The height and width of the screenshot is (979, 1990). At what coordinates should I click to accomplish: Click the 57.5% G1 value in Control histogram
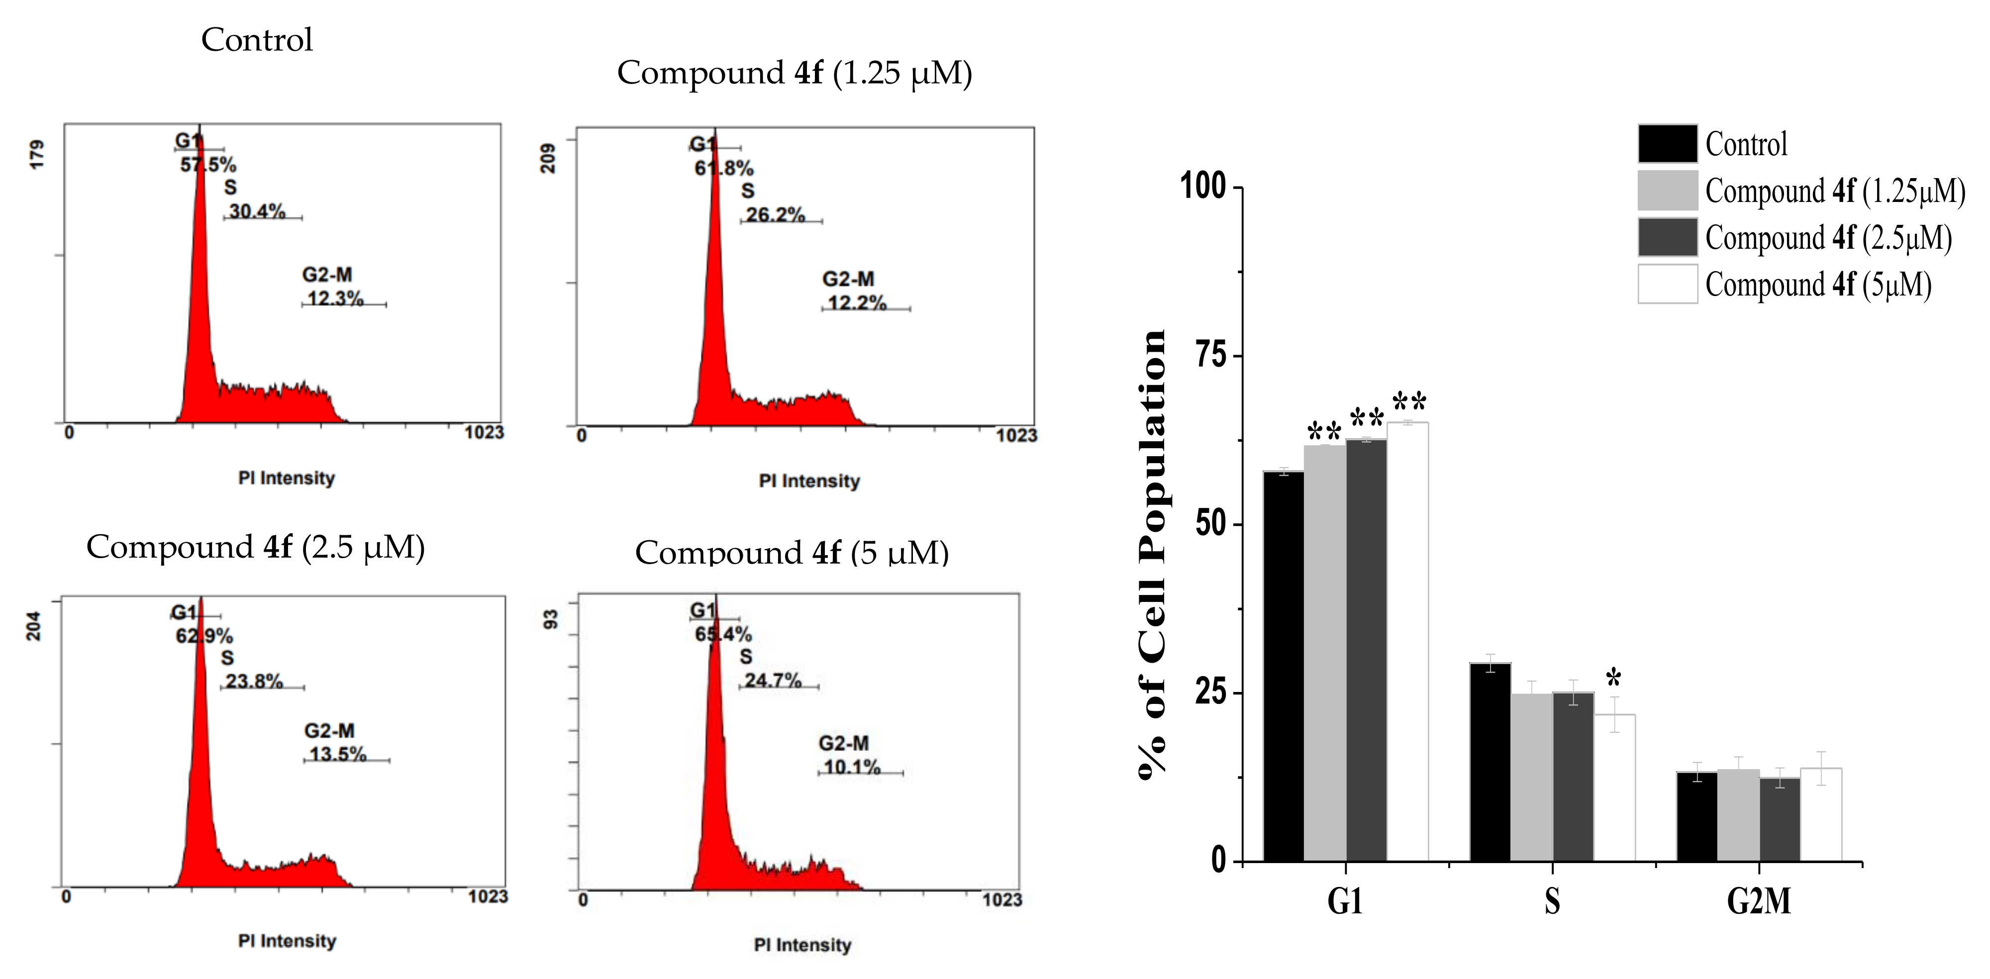tap(208, 165)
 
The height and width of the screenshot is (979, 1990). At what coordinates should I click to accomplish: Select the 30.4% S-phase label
tap(257, 211)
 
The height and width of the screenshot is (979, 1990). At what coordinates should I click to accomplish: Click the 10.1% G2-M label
tap(852, 767)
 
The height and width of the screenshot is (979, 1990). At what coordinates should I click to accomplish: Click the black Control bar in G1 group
tap(1283, 665)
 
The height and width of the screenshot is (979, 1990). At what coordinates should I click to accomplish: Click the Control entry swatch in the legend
tap(1667, 144)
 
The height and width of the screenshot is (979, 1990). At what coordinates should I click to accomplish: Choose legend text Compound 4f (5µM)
tap(1818, 285)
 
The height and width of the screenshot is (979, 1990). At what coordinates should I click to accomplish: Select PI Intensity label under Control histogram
tap(287, 478)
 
